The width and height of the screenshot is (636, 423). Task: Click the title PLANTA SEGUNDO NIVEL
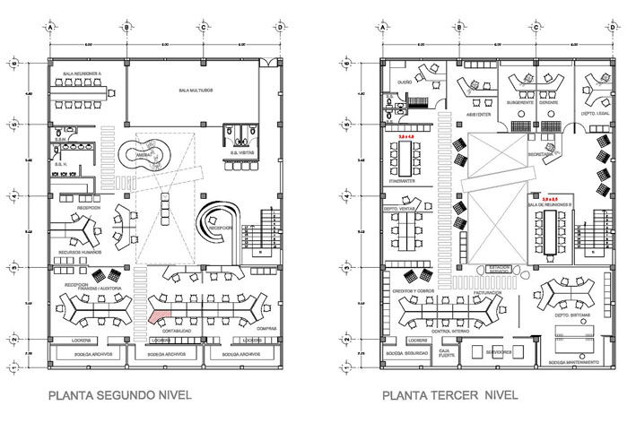pyautogui.click(x=119, y=393)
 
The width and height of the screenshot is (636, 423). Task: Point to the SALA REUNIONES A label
pyautogui.click(x=82, y=72)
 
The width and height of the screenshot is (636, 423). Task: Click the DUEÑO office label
pyautogui.click(x=404, y=79)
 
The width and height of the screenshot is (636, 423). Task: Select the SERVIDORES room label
pyautogui.click(x=500, y=352)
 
